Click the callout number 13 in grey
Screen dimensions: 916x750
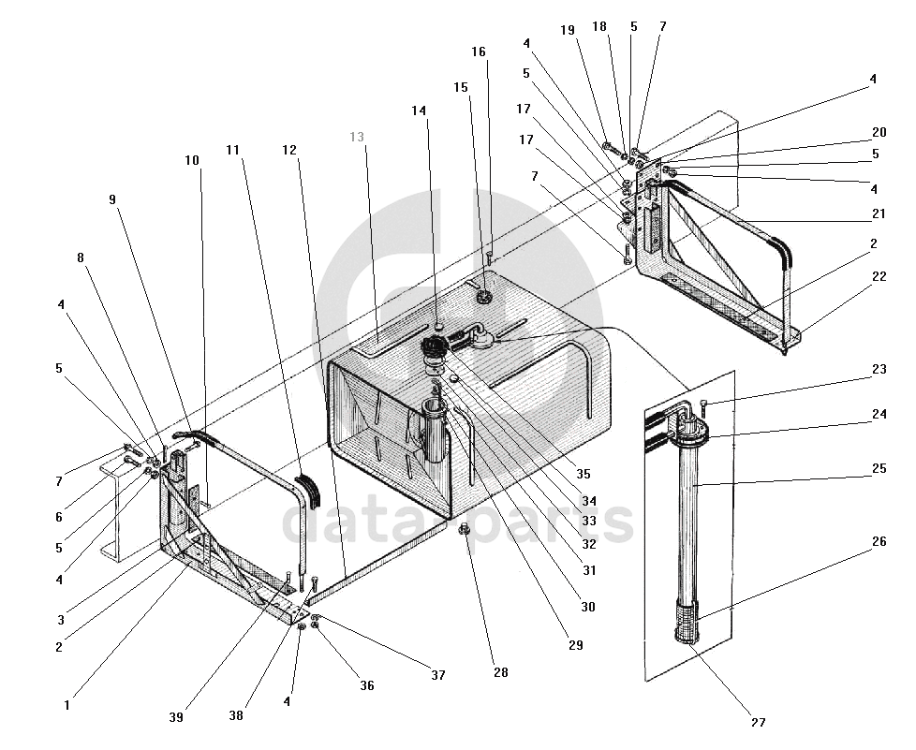pos(357,138)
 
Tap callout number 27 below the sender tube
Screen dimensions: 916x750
pos(758,723)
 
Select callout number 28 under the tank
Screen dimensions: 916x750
pos(501,672)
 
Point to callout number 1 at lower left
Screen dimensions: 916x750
pos(66,706)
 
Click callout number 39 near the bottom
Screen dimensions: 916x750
pos(176,717)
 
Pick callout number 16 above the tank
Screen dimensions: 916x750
pos(479,52)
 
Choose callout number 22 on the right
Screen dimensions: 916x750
pos(879,276)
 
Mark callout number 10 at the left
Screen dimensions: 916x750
pos(192,161)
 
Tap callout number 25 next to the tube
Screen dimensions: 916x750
pos(879,468)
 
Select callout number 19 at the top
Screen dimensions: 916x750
pos(568,30)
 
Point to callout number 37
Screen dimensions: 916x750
pos(438,675)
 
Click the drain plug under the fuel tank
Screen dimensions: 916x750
pos(466,530)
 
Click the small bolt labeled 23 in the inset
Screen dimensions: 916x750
pos(702,406)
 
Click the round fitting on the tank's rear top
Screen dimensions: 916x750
pos(483,296)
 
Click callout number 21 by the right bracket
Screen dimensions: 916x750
pos(879,214)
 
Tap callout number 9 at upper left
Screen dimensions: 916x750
pos(112,199)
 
